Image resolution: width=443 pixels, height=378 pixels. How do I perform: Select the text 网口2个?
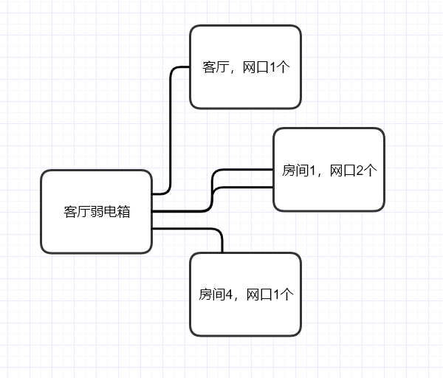pyautogui.click(x=352, y=171)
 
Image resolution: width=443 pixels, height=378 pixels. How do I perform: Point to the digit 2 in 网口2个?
pyautogui.click(x=360, y=171)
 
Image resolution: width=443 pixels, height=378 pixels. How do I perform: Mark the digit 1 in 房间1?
pyautogui.click(x=312, y=171)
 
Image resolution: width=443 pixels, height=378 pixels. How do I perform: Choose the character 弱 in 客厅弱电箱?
pyautogui.click(x=97, y=212)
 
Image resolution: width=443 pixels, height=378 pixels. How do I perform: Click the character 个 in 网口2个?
pyautogui.click(x=371, y=171)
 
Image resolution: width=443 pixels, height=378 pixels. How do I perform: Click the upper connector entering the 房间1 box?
pyautogui.click(x=244, y=171)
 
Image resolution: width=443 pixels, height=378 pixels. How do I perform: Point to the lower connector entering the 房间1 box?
pyautogui.click(x=244, y=188)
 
